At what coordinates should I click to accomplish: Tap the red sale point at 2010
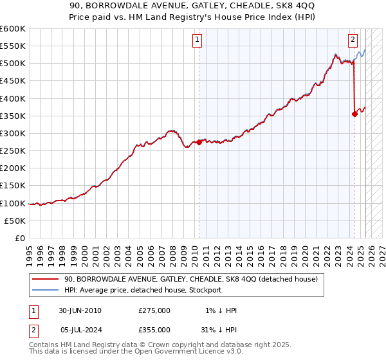point(199,142)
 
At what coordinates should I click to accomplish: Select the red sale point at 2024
point(354,114)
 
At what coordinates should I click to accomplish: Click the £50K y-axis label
point(15,221)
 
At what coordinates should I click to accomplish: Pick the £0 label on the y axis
point(21,238)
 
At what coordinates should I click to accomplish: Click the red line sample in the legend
point(46,280)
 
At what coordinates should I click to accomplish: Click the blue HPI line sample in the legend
point(46,290)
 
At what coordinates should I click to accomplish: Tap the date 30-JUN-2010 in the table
point(80,310)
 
